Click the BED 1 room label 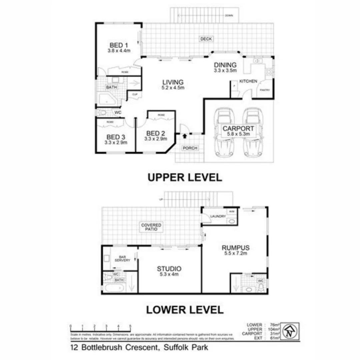click(x=118, y=45)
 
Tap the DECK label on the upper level click(x=206, y=39)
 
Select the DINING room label click(x=225, y=65)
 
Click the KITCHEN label click(x=249, y=81)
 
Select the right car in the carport click(x=252, y=133)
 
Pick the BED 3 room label click(x=115, y=137)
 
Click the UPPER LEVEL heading click(x=185, y=177)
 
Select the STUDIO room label click(x=169, y=269)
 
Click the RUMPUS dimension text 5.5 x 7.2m click(x=236, y=253)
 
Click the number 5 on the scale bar click(x=130, y=326)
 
